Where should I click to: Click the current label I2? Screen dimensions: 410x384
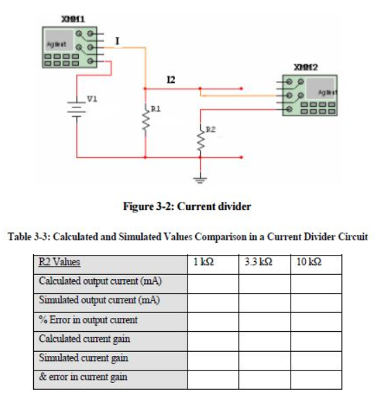[170, 80]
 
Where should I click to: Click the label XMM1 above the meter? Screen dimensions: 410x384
[72, 15]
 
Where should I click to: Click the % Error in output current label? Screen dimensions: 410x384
[88, 320]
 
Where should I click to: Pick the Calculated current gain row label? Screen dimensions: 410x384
[84, 339]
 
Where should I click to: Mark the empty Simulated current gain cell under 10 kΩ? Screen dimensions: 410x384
[316, 359]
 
